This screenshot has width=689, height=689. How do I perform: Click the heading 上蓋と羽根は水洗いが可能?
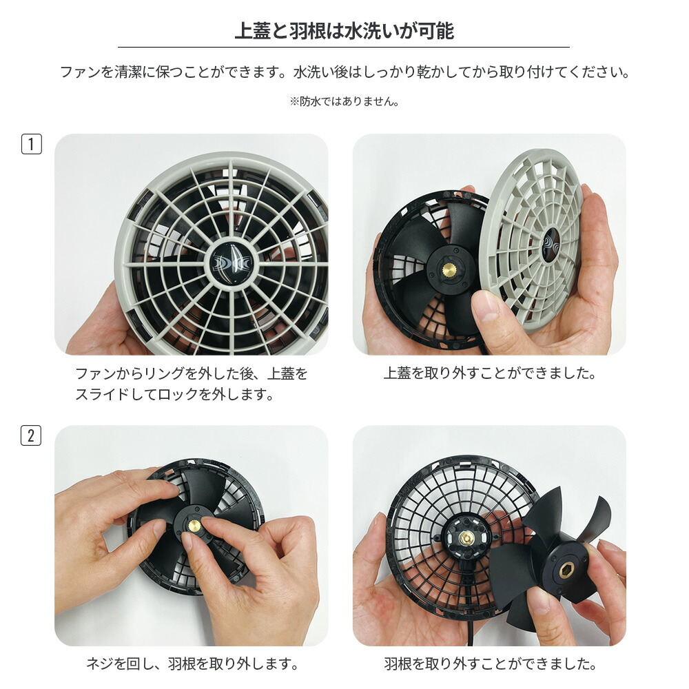tap(344, 31)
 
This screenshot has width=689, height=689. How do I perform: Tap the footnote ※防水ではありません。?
tap(344, 101)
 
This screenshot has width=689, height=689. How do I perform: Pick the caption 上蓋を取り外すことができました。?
tap(489, 373)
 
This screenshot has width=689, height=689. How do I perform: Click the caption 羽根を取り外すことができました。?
tap(489, 664)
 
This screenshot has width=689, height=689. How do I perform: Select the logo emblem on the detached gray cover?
tap(551, 246)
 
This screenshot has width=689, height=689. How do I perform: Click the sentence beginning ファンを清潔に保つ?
tap(344, 72)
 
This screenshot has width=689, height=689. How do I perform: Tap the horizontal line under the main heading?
tap(344, 47)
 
